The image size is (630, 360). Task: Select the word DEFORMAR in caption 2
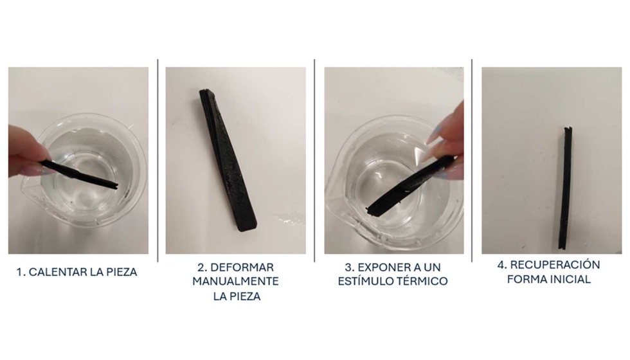244,267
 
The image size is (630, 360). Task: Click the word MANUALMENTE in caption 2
237,282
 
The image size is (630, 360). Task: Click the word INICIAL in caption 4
570,280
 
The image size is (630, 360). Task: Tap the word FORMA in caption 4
527,280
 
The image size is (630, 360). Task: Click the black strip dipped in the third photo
405,188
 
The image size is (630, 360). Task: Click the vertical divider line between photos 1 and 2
158,161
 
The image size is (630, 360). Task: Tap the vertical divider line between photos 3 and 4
472,161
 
